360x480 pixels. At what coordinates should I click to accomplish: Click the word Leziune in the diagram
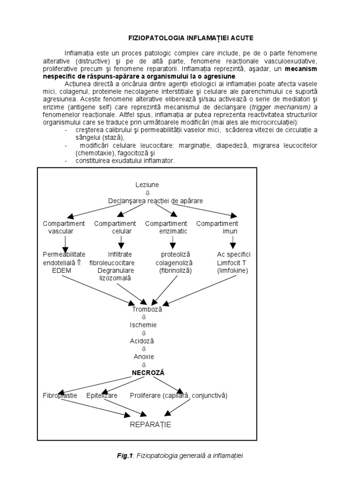[147, 185]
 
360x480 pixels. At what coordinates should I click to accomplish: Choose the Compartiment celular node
[116, 227]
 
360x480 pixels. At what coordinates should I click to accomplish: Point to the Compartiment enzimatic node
[167, 227]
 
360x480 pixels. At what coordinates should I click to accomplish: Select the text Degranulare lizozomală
[115, 274]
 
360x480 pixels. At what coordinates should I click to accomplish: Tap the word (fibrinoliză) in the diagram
[176, 270]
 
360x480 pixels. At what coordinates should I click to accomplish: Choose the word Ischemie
[143, 324]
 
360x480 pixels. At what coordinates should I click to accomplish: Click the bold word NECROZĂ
[148, 373]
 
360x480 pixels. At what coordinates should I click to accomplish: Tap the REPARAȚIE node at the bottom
[151, 425]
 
